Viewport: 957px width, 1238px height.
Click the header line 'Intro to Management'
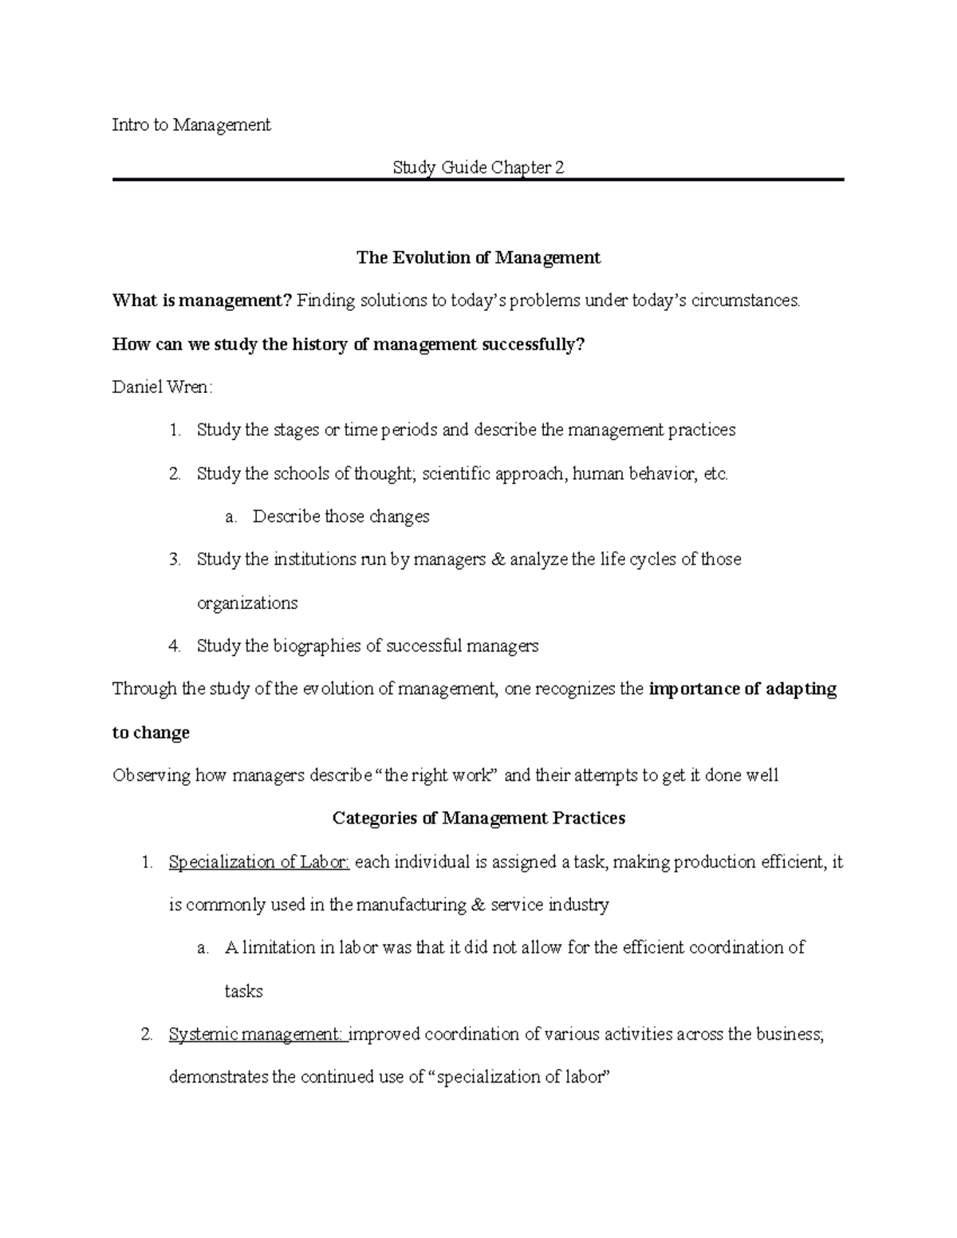click(191, 125)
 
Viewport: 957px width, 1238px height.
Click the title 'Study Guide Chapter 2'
click(478, 168)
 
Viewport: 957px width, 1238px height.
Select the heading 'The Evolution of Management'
click(478, 257)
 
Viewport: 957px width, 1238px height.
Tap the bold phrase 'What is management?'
click(202, 301)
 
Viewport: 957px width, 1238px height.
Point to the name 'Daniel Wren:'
click(163, 387)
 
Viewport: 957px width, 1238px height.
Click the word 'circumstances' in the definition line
click(747, 301)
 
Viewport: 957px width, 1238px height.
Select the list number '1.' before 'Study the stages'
click(175, 430)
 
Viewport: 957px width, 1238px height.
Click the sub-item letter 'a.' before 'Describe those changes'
click(231, 517)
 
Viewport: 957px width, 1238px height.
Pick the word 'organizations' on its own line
click(247, 603)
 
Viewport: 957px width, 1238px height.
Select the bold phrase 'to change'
click(151, 733)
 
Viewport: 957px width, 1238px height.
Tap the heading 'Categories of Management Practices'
click(478, 818)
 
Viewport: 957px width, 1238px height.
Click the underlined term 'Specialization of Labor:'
click(259, 862)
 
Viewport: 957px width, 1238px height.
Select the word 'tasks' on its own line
click(244, 992)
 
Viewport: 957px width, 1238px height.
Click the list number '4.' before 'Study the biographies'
click(175, 646)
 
